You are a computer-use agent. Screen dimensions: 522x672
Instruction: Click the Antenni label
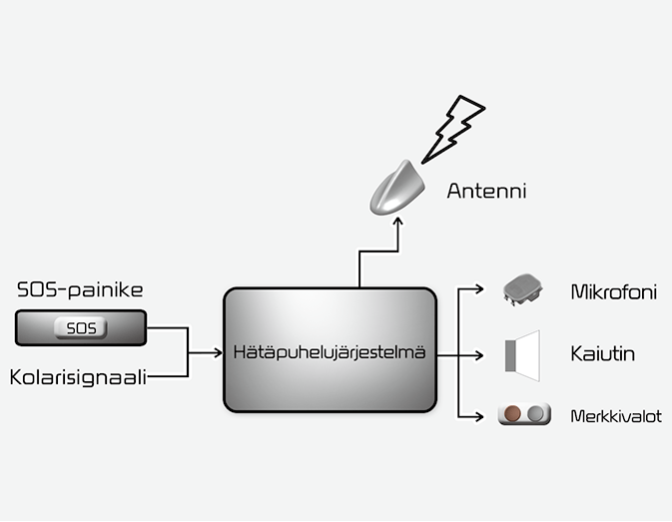(485, 190)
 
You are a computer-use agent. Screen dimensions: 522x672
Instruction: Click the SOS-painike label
(81, 290)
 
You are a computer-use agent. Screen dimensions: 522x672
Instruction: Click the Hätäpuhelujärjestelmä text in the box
(330, 352)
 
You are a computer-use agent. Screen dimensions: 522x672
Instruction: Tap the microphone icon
(521, 289)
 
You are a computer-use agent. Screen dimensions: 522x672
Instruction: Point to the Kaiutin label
(603, 354)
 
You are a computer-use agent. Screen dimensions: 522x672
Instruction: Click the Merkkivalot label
(615, 415)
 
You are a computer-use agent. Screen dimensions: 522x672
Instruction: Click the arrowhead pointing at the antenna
(396, 223)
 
